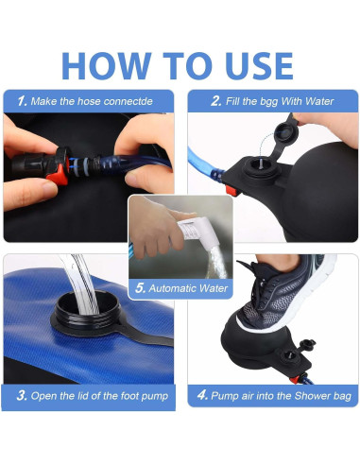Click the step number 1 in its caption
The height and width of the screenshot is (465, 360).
(22, 101)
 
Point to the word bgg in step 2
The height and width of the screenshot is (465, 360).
(268, 102)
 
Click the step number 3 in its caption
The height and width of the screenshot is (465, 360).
(22, 395)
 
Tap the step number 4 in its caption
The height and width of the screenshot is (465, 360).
(202, 395)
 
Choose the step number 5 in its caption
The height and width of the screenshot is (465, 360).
(140, 288)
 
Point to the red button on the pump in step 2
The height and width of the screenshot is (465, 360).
(231, 190)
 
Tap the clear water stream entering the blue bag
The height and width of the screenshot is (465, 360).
(79, 284)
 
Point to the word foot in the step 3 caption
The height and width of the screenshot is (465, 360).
(129, 396)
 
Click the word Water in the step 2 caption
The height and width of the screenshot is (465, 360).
(319, 101)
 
